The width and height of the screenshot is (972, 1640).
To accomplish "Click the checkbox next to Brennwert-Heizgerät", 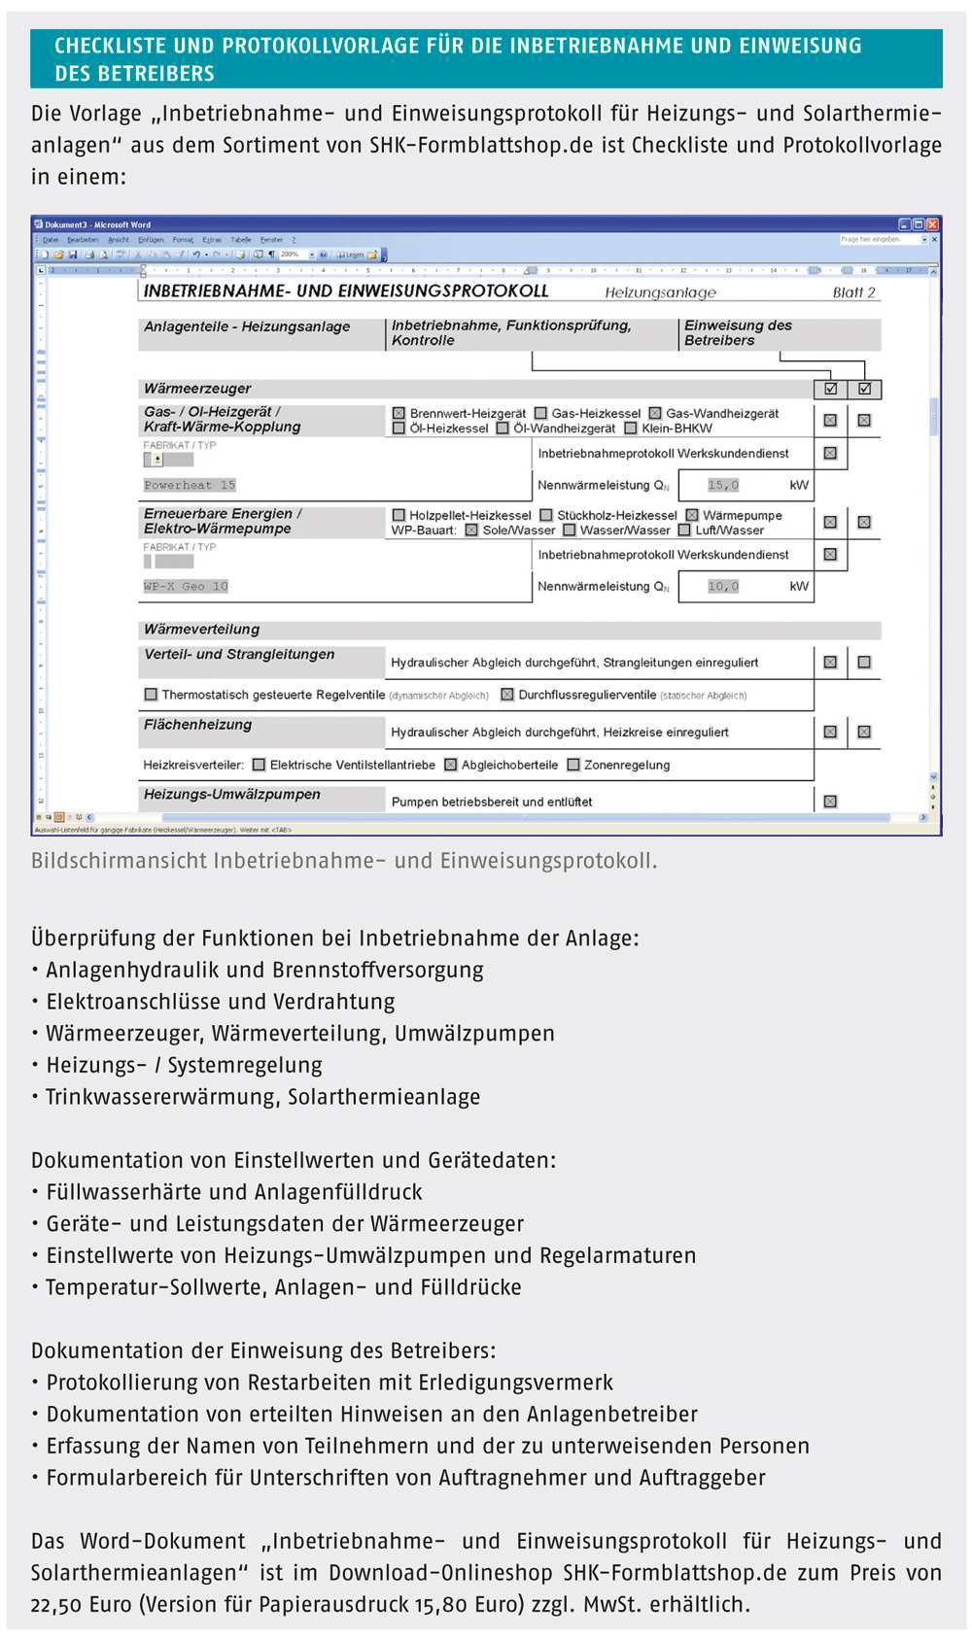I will (x=399, y=413).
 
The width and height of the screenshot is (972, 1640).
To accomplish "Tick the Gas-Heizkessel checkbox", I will (x=540, y=413).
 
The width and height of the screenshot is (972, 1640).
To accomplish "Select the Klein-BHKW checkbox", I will (x=631, y=427).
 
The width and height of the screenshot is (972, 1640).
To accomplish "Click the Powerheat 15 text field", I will (x=191, y=485).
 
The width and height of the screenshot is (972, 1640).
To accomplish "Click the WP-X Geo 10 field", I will (x=187, y=586).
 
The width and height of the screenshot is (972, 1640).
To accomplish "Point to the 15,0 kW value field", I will (x=724, y=485).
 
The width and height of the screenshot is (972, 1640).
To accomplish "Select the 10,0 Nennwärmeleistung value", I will (x=724, y=586).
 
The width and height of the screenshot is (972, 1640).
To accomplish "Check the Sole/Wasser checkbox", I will (x=471, y=530).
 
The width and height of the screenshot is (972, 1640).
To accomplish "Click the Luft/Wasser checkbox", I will (x=684, y=530).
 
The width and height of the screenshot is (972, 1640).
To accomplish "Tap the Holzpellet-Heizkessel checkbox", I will (x=399, y=515).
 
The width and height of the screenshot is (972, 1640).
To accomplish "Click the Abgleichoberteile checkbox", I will (x=450, y=765).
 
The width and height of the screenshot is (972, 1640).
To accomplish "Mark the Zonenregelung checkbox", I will (x=573, y=765).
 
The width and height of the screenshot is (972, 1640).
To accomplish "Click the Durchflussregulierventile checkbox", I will (x=506, y=695).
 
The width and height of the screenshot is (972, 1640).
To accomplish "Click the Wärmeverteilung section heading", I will (x=202, y=629).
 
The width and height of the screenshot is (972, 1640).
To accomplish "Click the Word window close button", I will (x=932, y=223).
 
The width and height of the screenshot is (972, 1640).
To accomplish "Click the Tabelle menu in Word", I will (x=240, y=239).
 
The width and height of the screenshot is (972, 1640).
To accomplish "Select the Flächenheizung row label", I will (x=198, y=725).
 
